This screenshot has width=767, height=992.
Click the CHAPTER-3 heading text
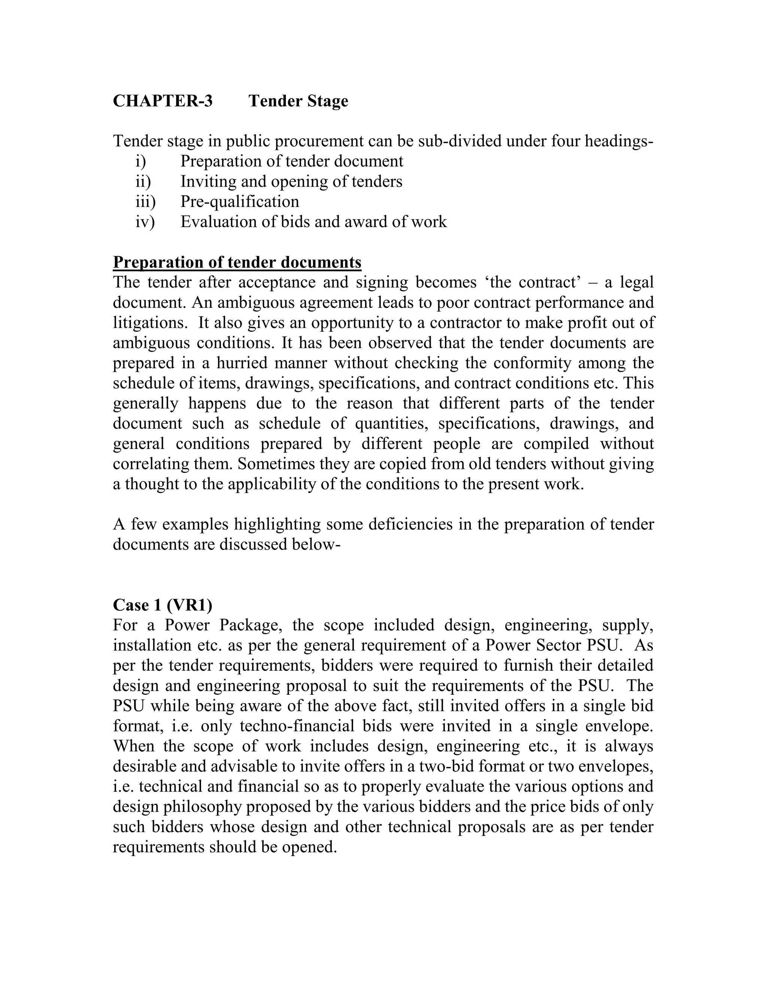click(x=162, y=101)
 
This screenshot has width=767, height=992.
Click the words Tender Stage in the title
click(x=298, y=101)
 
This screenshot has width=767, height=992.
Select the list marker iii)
click(x=145, y=201)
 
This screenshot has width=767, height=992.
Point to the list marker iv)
click(x=145, y=222)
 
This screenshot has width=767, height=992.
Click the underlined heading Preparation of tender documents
click(x=237, y=262)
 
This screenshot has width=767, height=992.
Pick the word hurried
click(x=239, y=363)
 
